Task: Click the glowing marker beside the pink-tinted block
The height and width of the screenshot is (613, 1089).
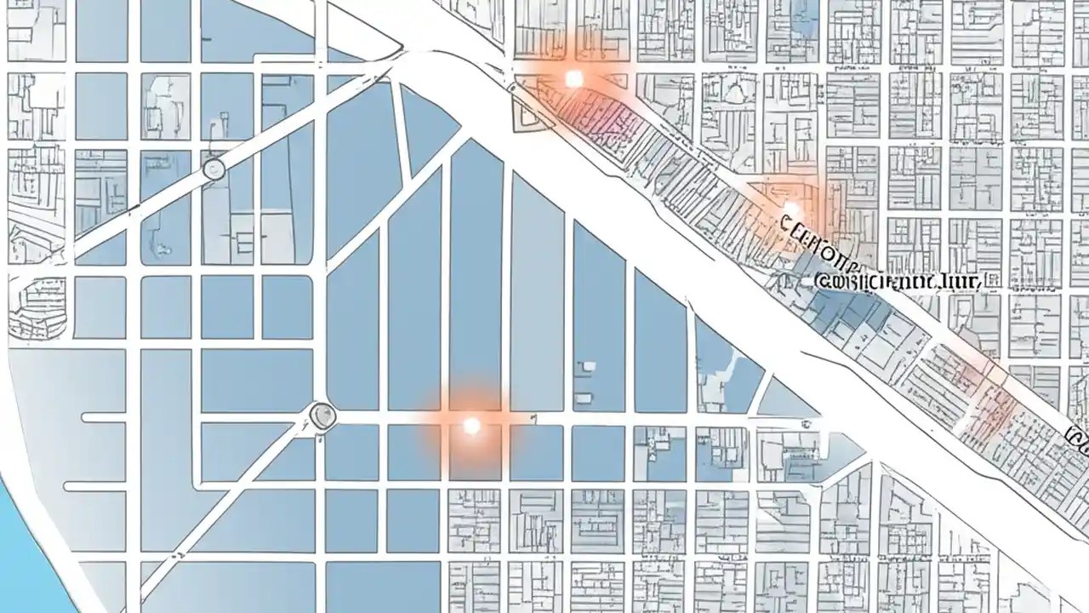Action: coord(573,79)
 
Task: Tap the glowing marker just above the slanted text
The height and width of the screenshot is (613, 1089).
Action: coord(791,209)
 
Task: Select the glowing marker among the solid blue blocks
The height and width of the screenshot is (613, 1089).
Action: coord(471,425)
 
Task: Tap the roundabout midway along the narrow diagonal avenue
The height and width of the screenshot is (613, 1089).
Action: coord(214,169)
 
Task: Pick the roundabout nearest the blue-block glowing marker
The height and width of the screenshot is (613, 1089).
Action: coord(323,415)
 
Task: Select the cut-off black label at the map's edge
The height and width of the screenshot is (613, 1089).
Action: coord(1077,439)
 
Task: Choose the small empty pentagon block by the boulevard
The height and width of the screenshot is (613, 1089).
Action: coord(527,111)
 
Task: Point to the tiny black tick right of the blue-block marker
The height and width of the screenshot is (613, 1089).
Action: coord(533,419)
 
